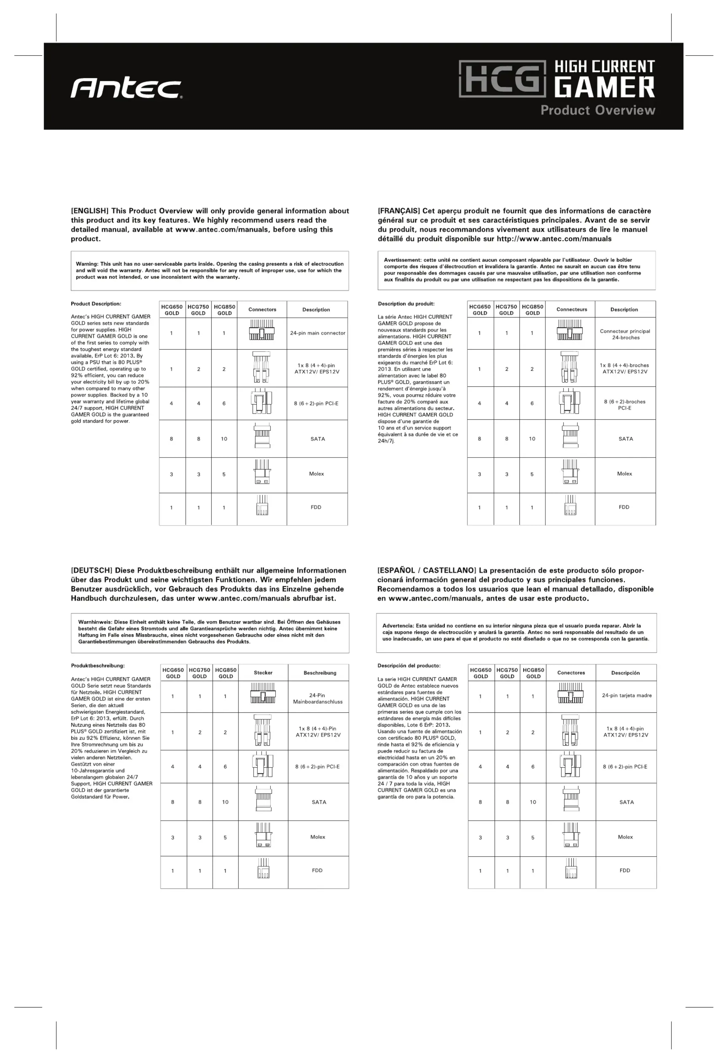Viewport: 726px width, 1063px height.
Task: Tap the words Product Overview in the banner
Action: tap(597, 110)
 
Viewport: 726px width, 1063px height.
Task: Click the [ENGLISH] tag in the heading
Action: tap(90, 211)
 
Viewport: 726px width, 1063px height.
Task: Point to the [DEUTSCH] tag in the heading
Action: tap(91, 570)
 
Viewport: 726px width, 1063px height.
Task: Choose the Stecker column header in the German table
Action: tap(263, 672)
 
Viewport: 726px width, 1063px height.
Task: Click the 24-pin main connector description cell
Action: tap(317, 333)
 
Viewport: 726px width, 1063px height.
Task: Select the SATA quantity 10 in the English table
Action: tap(224, 439)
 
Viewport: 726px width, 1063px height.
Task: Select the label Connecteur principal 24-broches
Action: tap(625, 334)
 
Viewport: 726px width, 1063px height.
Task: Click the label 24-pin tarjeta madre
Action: tap(626, 695)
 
